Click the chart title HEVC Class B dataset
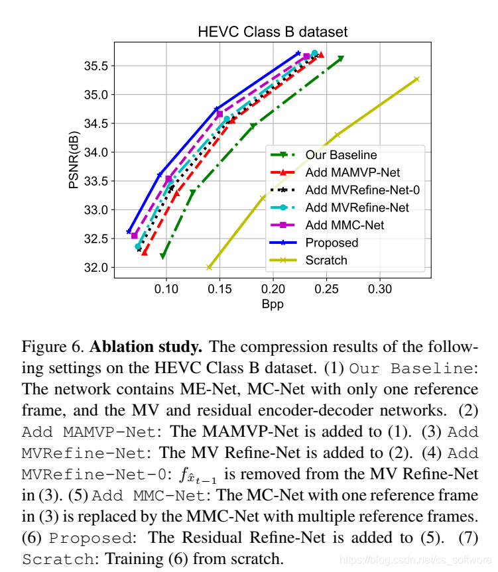coord(273,32)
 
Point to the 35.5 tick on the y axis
coord(97,66)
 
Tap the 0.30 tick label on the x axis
coord(379,290)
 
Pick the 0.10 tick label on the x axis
coord(166,290)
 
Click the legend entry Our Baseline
coord(341,154)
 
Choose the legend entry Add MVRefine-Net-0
coord(363,190)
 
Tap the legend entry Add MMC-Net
coord(345,225)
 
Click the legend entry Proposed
coord(332,243)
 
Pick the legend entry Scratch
coord(326,260)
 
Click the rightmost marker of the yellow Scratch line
coord(417,79)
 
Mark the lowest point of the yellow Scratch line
coord(210,267)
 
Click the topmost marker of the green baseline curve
coord(341,58)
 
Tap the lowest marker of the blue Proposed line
coord(129,232)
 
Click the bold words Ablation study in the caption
coord(140,347)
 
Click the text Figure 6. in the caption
coord(52,347)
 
